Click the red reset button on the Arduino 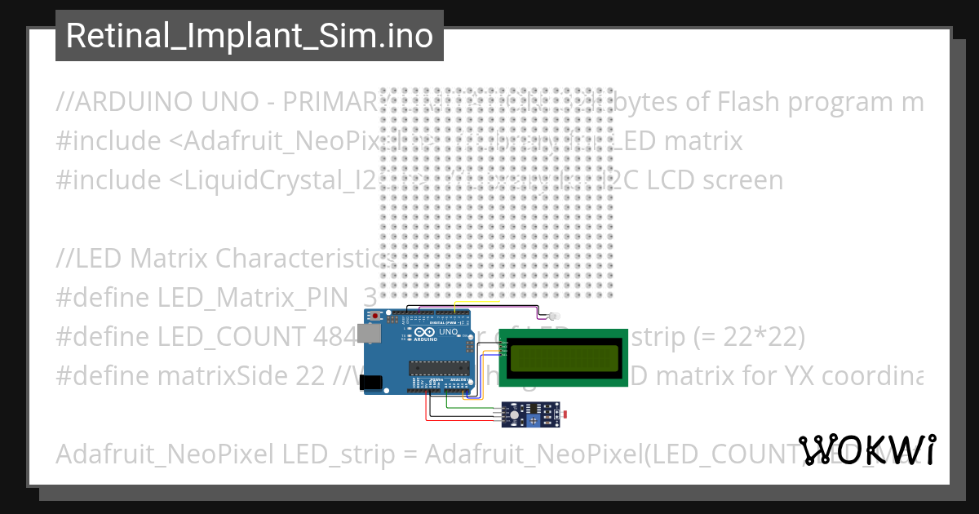[x=375, y=316]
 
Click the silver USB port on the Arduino [x=372, y=335]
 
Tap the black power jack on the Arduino [x=371, y=381]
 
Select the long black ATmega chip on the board [x=428, y=368]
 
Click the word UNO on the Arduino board [x=449, y=333]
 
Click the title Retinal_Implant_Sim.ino [x=249, y=36]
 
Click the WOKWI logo [x=867, y=450]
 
